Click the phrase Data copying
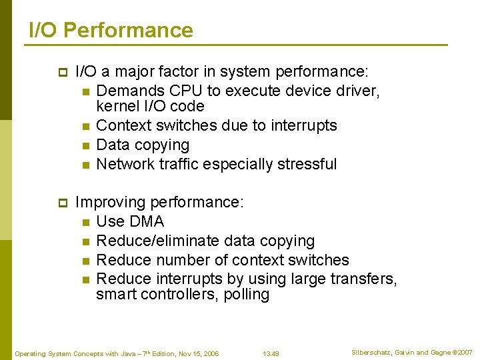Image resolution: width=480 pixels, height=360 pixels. [143, 145]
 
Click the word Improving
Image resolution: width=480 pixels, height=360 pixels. [111, 202]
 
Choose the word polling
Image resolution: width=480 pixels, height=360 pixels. [247, 295]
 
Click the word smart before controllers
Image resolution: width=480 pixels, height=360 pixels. [115, 295]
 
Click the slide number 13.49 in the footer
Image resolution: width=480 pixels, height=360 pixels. [271, 353]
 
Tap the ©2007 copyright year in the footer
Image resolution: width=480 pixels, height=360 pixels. [462, 352]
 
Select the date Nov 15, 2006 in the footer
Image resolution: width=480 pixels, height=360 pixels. [199, 353]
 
